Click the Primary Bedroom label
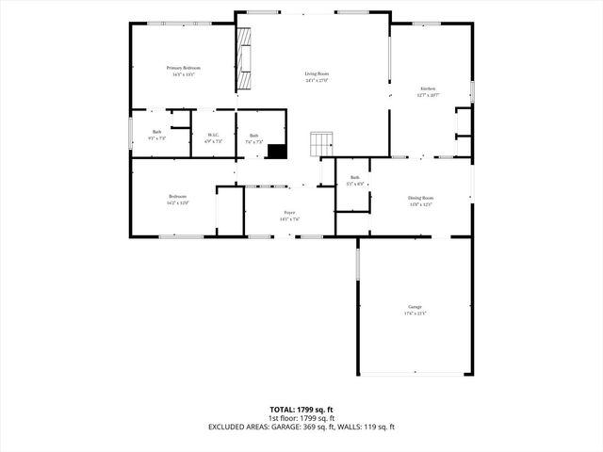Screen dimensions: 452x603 click(x=183, y=68)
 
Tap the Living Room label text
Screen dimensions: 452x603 click(x=317, y=73)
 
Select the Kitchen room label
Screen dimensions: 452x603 click(x=428, y=89)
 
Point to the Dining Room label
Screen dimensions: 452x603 click(x=420, y=198)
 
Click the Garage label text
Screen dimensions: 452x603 click(x=415, y=307)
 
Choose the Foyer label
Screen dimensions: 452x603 click(x=289, y=213)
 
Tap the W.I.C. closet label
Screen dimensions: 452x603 click(x=213, y=135)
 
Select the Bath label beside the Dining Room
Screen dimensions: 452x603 click(x=355, y=177)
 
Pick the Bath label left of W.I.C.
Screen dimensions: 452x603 click(x=157, y=132)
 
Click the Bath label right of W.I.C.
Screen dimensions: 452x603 click(x=253, y=136)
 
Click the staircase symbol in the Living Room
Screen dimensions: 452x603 click(x=322, y=144)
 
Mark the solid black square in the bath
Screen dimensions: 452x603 click(x=277, y=151)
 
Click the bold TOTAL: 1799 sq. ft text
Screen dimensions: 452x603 click(x=301, y=410)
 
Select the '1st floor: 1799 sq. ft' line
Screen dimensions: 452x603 click(x=301, y=418)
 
